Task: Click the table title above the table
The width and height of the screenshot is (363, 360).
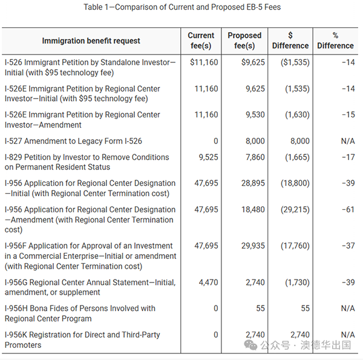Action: point(181,7)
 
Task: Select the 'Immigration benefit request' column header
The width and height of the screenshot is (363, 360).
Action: point(91,41)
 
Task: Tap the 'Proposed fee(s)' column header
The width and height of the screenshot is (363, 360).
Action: point(244,41)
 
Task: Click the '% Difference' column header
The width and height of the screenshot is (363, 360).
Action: point(335,41)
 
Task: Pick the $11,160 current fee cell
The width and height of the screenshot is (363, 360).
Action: point(204,62)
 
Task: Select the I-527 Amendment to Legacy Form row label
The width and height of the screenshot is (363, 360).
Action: point(73,141)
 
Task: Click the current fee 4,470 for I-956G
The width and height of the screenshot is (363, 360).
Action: point(208,282)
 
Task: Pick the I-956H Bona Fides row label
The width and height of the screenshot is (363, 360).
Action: point(80,313)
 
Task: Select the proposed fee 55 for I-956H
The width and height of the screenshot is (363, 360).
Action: point(260,308)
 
